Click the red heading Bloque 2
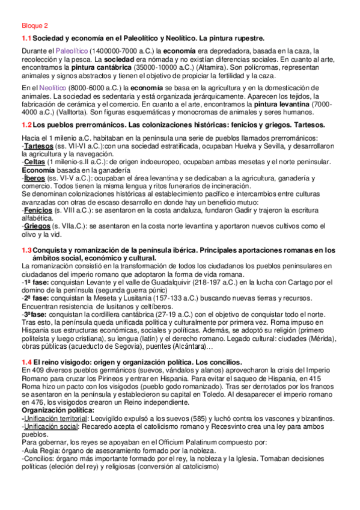point(34,26)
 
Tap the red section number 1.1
point(26,38)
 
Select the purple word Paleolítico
point(72,51)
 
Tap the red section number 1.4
point(26,361)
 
